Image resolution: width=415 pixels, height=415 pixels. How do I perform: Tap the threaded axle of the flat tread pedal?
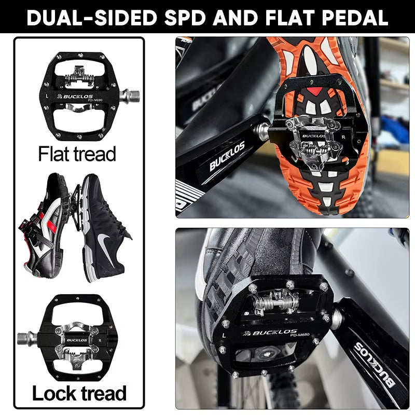pyautogui.click(x=130, y=94)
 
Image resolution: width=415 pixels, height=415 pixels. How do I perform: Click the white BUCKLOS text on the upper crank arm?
pyautogui.click(x=227, y=158)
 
